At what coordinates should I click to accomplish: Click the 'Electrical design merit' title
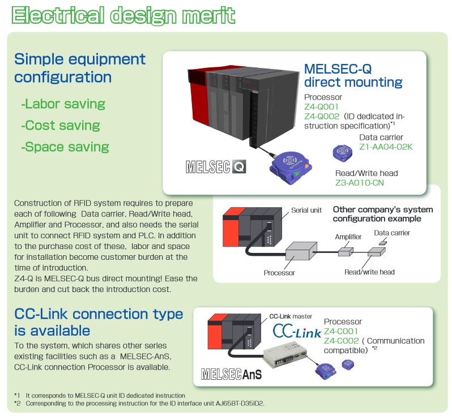pos(123,15)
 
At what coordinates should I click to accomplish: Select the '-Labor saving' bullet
pos(63,104)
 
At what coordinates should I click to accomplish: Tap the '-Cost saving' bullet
pos(61,125)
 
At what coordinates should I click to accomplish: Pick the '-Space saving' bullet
pos(65,147)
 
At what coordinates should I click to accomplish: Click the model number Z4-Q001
pos(321,106)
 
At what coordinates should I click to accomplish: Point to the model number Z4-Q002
pos(322,117)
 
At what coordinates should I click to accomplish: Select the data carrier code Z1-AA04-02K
pos(386,147)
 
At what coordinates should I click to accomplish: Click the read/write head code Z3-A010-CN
pos(360,183)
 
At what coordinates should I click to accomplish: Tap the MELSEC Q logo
pos(216,166)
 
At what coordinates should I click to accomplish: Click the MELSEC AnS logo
pos(232,374)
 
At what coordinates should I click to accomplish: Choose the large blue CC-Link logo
pos(297,331)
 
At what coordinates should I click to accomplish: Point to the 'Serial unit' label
pos(306,211)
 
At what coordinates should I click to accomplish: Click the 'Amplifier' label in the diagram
pos(348,237)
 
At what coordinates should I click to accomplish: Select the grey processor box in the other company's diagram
pos(301,251)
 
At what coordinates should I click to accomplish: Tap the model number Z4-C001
pos(341,331)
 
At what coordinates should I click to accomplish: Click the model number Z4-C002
pos(342,341)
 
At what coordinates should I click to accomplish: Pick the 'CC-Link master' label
pos(291,316)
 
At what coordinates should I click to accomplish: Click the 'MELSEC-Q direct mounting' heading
pos(353,75)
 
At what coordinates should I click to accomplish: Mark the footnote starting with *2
pos(139,404)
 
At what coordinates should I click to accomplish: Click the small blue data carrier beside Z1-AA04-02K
pos(343,153)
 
